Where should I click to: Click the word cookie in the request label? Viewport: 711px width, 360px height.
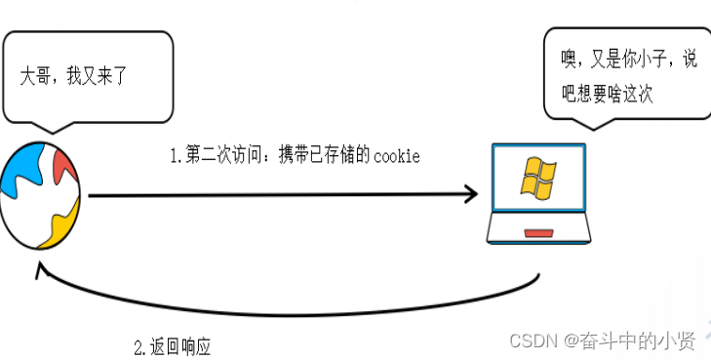tap(397, 156)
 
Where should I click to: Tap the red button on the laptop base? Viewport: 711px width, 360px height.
tap(537, 233)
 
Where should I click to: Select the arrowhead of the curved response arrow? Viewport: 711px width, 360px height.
tap(41, 273)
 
